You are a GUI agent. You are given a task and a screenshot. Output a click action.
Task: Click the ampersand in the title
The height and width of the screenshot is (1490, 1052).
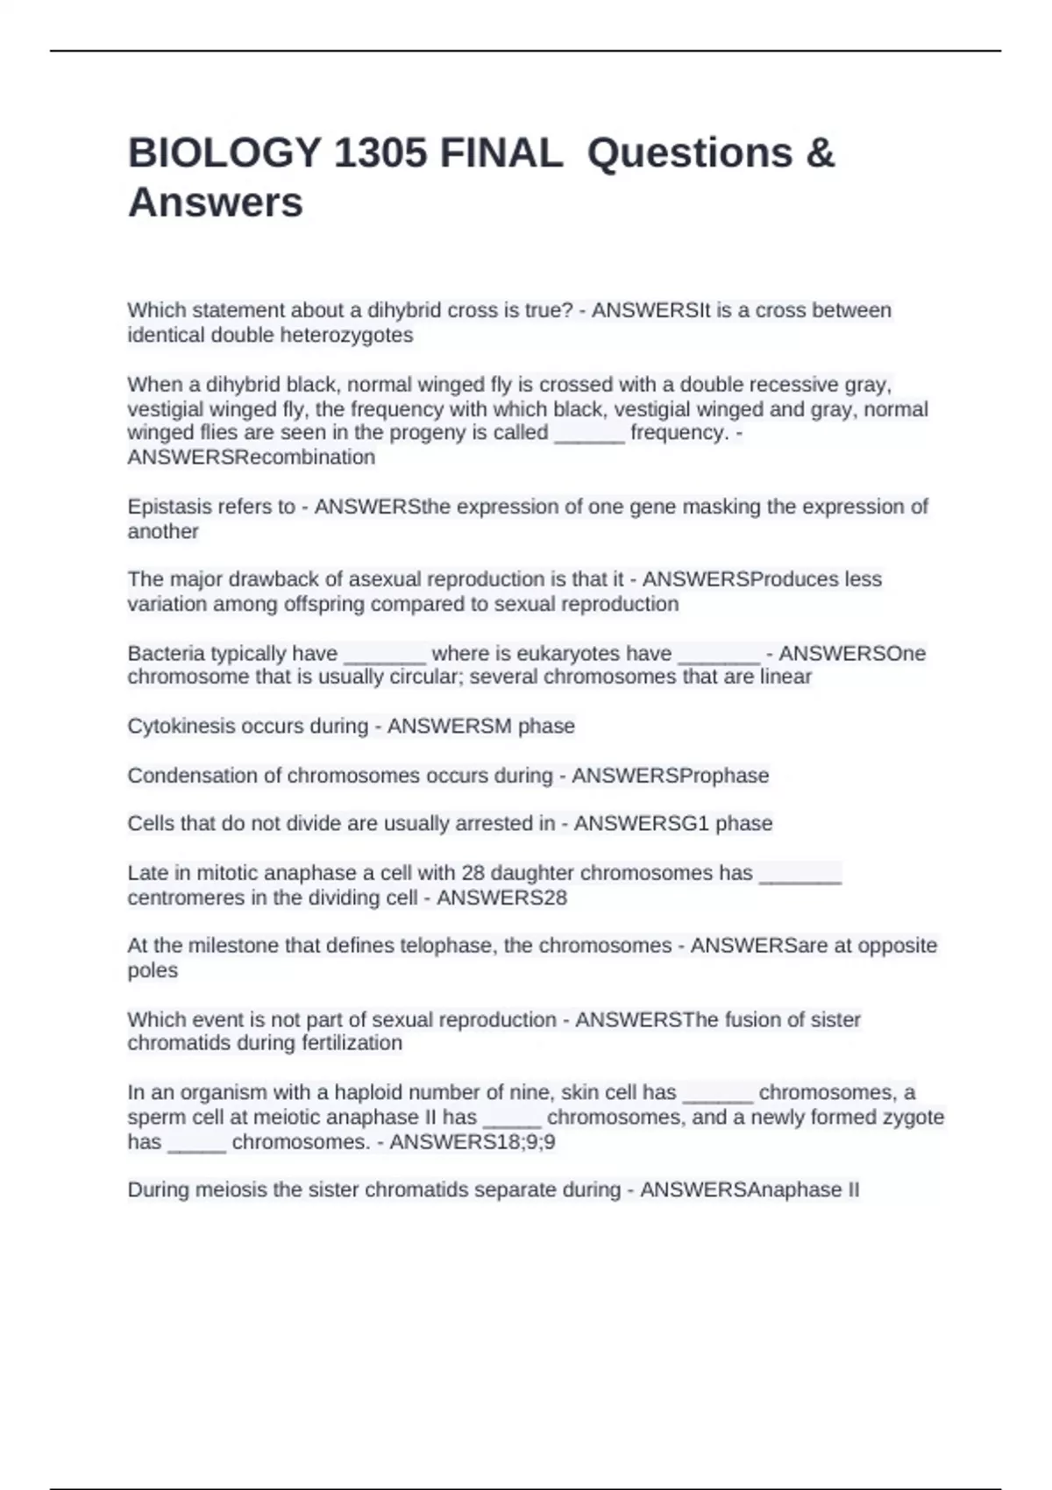tap(820, 153)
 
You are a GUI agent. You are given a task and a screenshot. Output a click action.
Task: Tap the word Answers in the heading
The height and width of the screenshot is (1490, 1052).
tap(216, 202)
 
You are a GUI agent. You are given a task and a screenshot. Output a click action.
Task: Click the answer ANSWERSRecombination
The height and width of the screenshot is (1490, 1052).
tap(252, 458)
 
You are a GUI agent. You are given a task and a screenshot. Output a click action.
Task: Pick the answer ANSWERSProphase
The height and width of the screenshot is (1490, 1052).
tap(671, 776)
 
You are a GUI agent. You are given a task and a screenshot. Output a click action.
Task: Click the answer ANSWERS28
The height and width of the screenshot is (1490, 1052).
tap(502, 898)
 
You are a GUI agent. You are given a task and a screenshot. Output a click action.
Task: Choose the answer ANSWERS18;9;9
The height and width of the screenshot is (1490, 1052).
tap(473, 1142)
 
